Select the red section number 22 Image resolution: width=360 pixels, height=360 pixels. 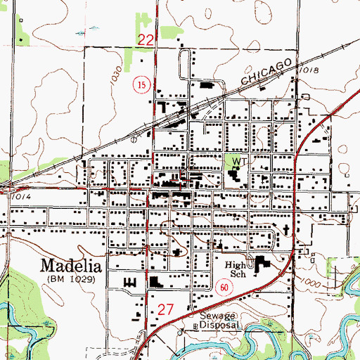tap(146, 41)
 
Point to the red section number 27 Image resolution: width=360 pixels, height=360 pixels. tap(165, 308)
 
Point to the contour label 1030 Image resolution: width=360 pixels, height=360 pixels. tap(116, 72)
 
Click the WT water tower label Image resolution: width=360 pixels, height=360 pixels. tap(237, 161)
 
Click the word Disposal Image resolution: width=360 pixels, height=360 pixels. tap(221, 326)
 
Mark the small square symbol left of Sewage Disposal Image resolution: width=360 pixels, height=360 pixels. tap(196, 327)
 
